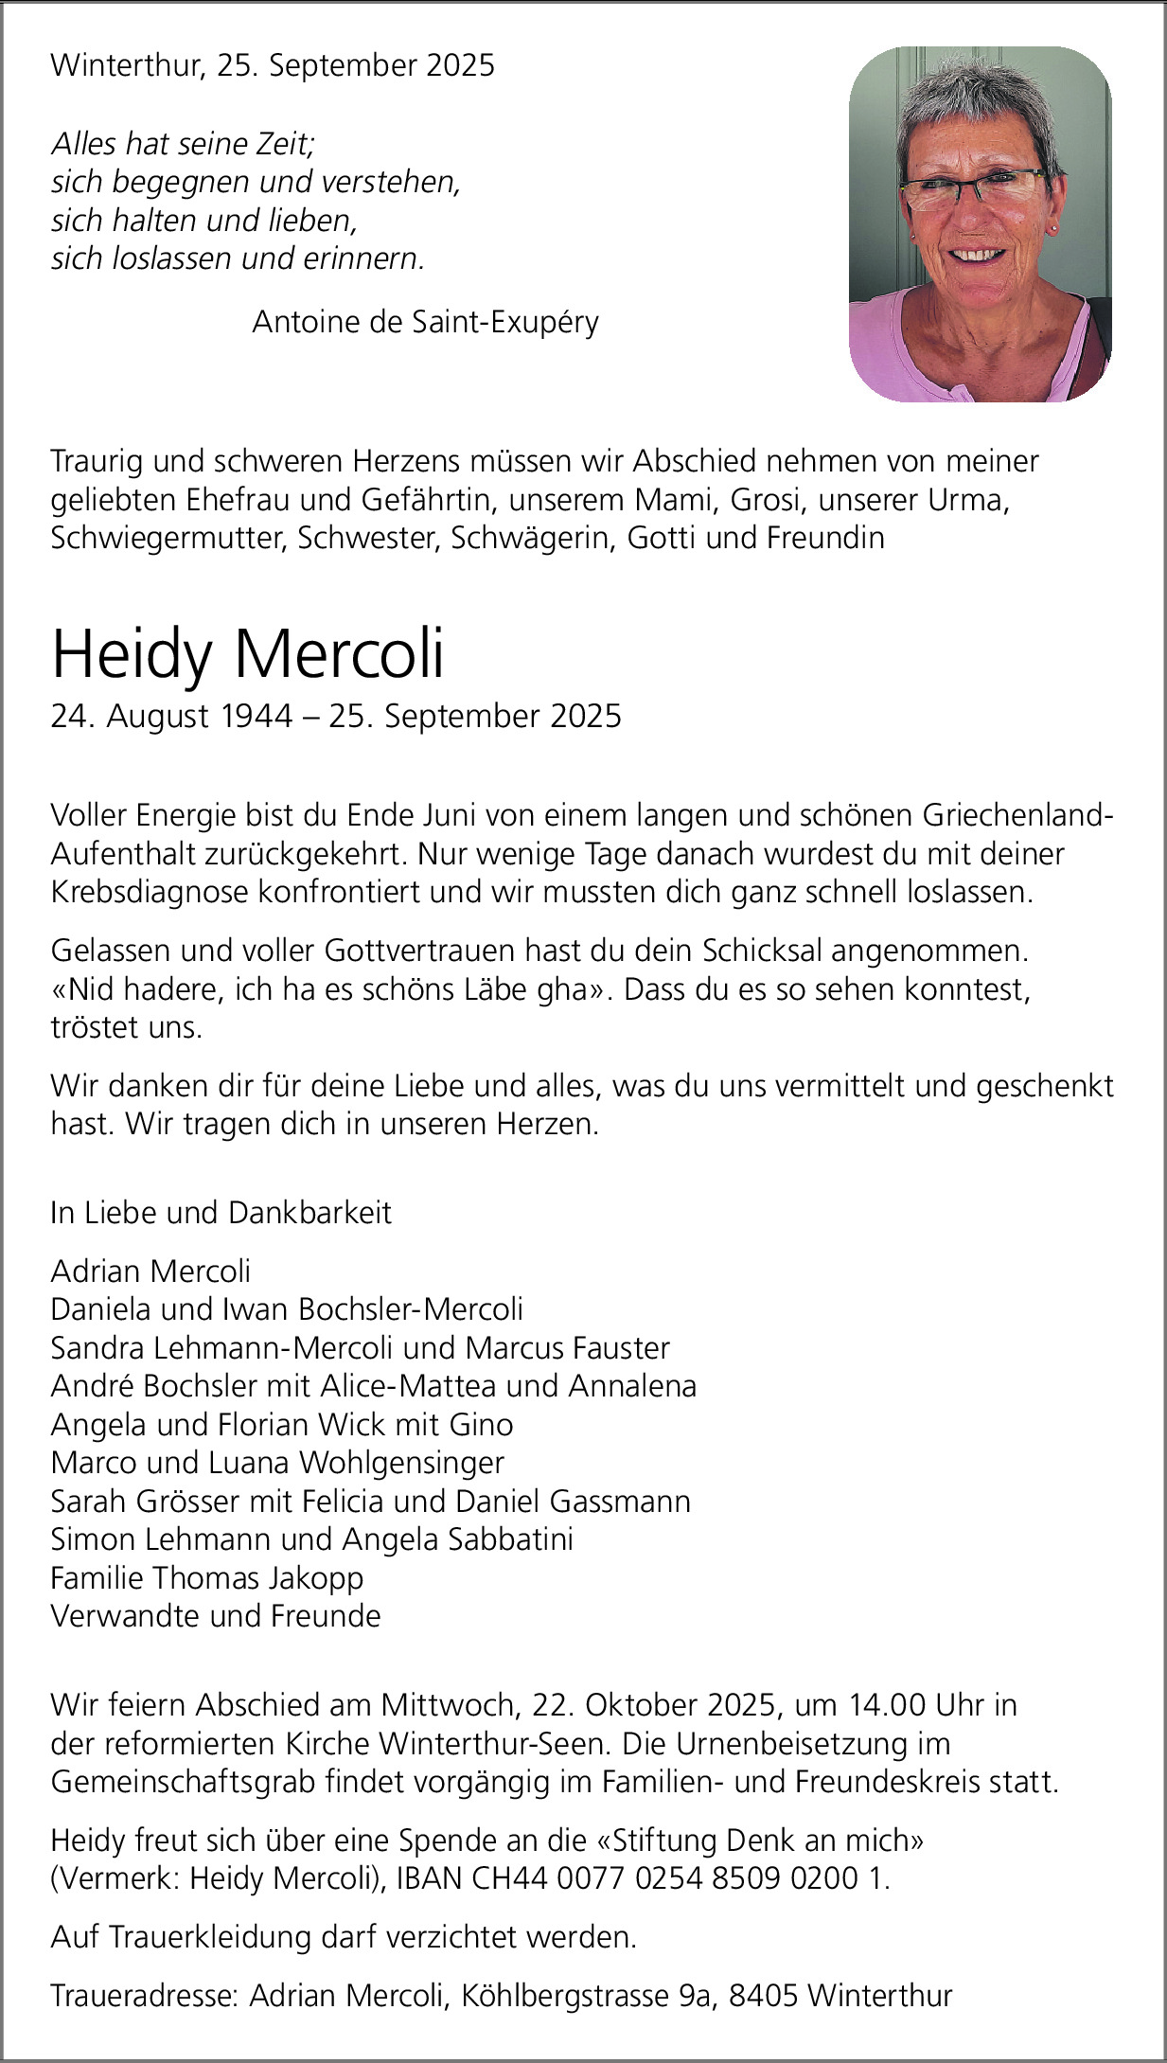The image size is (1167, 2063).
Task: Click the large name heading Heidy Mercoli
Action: pyautogui.click(x=247, y=654)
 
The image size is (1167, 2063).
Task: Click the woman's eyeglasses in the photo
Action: pyautogui.click(x=975, y=190)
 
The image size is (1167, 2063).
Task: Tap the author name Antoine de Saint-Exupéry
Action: pyautogui.click(x=425, y=323)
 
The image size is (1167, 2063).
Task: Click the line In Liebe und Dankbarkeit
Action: pyautogui.click(x=221, y=1213)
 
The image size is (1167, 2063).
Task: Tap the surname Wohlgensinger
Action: pyautogui.click(x=401, y=1463)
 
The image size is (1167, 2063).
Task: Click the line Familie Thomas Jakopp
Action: pyautogui.click(x=207, y=1578)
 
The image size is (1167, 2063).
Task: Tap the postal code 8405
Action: pyautogui.click(x=765, y=1996)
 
